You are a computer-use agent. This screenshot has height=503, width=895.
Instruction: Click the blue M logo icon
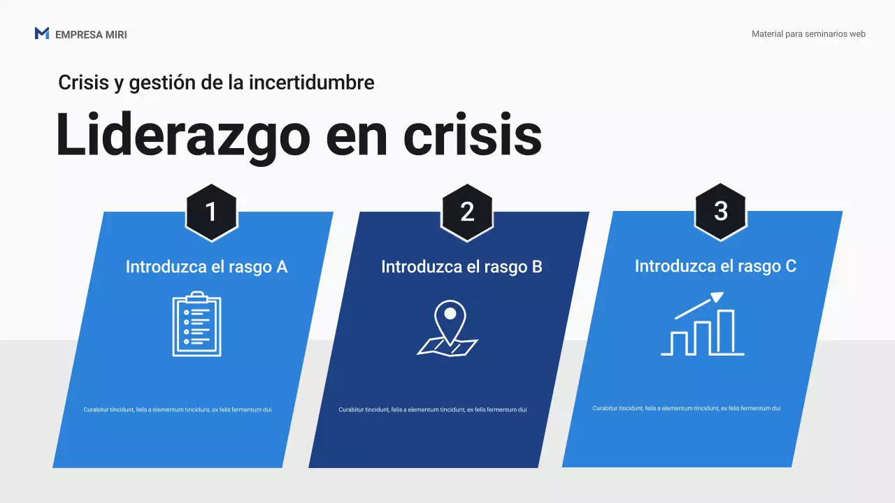pyautogui.click(x=41, y=34)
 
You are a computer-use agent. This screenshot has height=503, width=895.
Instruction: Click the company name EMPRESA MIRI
pyautogui.click(x=91, y=34)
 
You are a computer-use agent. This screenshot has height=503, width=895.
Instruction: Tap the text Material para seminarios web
pyautogui.click(x=808, y=34)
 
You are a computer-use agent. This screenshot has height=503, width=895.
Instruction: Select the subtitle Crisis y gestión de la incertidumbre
pyautogui.click(x=216, y=82)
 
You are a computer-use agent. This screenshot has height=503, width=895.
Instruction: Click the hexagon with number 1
pyautogui.click(x=211, y=212)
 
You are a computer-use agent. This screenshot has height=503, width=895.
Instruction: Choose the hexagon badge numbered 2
pyautogui.click(x=467, y=212)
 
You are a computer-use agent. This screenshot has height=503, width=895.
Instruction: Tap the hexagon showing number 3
pyautogui.click(x=721, y=212)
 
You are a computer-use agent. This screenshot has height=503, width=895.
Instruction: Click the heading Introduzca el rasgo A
pyautogui.click(x=206, y=267)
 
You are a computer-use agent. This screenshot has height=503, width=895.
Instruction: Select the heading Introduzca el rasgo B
pyautogui.click(x=461, y=267)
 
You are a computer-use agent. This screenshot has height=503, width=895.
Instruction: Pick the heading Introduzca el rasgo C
pyautogui.click(x=715, y=266)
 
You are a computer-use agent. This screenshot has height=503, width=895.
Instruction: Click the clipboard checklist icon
pyautogui.click(x=196, y=325)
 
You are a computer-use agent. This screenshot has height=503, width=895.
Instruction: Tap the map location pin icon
pyautogui.click(x=448, y=328)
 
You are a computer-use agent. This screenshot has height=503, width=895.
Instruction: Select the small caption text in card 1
pyautogui.click(x=177, y=409)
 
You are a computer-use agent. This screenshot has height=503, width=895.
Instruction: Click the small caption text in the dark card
pyautogui.click(x=432, y=409)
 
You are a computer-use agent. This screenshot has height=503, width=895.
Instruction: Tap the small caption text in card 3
pyautogui.click(x=686, y=408)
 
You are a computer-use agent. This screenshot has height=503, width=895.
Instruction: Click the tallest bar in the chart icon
pyautogui.click(x=726, y=332)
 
